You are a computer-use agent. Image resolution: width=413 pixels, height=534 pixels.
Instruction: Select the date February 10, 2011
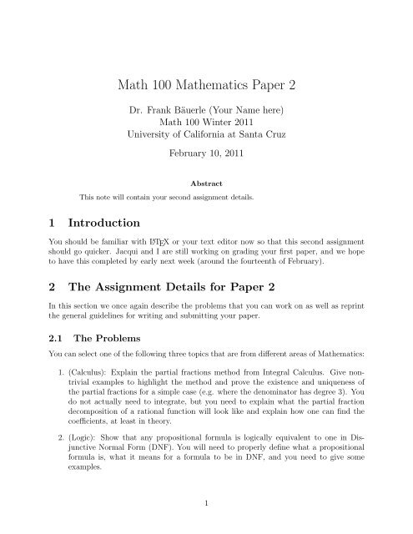click(x=205, y=154)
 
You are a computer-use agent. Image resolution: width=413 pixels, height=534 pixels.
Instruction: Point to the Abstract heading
click(x=205, y=184)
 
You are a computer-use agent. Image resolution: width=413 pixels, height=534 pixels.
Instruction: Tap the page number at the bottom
click(x=206, y=521)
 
